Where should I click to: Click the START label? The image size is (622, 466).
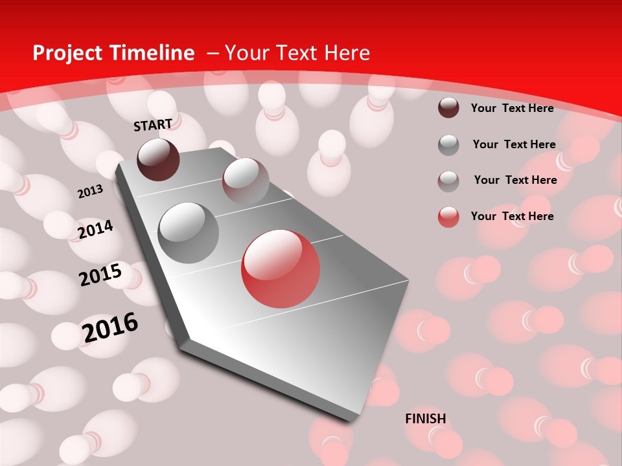coord(153,125)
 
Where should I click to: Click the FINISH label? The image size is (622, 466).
coord(426,419)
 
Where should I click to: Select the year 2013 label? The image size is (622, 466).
coord(90,192)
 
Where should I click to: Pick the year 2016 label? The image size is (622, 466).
coord(110,327)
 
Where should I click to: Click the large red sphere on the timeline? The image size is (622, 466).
coord(281,269)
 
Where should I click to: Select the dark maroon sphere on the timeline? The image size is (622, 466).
coord(159,159)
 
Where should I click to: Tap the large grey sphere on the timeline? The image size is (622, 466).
coord(189,232)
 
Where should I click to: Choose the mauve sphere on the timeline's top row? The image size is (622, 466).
coord(246,181)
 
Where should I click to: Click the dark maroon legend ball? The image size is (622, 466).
coord(448,107)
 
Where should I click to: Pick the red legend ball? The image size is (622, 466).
coord(448,217)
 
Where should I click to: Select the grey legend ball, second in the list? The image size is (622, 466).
coord(448,145)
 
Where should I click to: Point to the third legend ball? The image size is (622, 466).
coord(448,181)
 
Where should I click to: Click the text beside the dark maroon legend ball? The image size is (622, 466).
coord(512,108)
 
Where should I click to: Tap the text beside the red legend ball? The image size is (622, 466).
coord(512,216)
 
